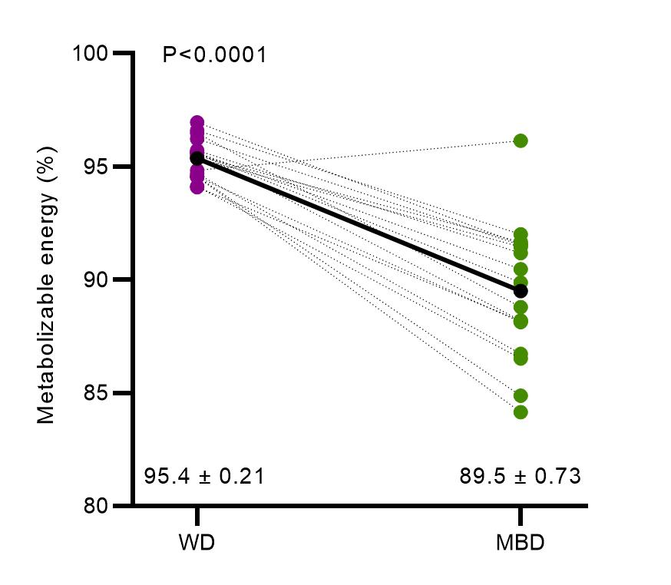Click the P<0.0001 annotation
(214, 55)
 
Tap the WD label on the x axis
(197, 543)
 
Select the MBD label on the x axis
(520, 543)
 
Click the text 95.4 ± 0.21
(204, 477)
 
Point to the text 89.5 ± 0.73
(520, 477)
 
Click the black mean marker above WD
(197, 158)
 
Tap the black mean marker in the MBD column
(521, 291)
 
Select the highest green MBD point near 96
(521, 140)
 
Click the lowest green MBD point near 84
(521, 412)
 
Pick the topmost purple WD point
(197, 123)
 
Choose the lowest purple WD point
(197, 187)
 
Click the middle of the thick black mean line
(359, 224)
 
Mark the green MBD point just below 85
(521, 396)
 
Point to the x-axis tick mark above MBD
(521, 515)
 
